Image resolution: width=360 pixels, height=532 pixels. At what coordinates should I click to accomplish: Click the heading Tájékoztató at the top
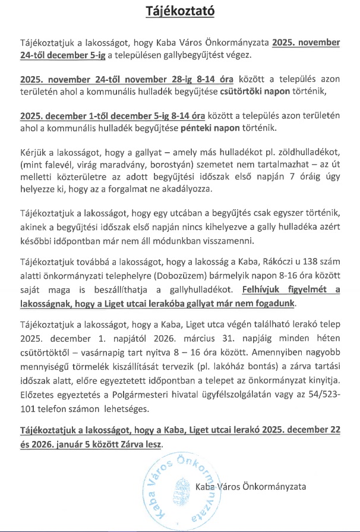179,12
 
